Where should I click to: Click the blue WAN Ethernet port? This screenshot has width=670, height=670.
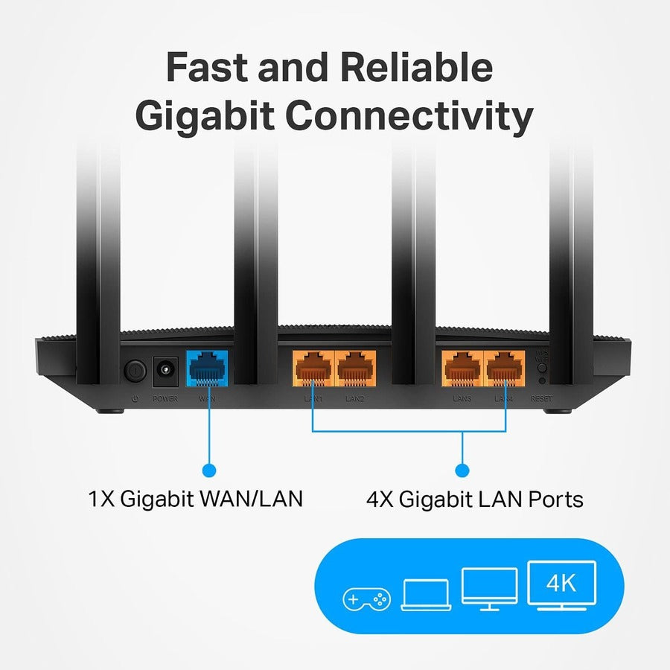tap(207, 368)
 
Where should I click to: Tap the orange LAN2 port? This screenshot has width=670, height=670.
tap(355, 368)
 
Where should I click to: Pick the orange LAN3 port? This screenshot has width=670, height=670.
tap(463, 368)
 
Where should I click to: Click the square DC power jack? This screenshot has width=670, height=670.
tap(165, 368)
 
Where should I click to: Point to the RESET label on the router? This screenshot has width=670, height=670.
tap(541, 400)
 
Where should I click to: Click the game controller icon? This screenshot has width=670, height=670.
tap(366, 599)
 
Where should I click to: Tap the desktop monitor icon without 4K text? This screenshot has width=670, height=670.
tap(489, 588)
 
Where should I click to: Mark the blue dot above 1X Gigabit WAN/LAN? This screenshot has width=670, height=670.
tap(209, 470)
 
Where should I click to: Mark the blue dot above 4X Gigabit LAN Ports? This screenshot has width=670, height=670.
tap(462, 470)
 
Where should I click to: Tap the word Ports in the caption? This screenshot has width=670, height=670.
tap(552, 499)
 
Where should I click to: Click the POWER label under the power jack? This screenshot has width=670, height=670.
tap(165, 400)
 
